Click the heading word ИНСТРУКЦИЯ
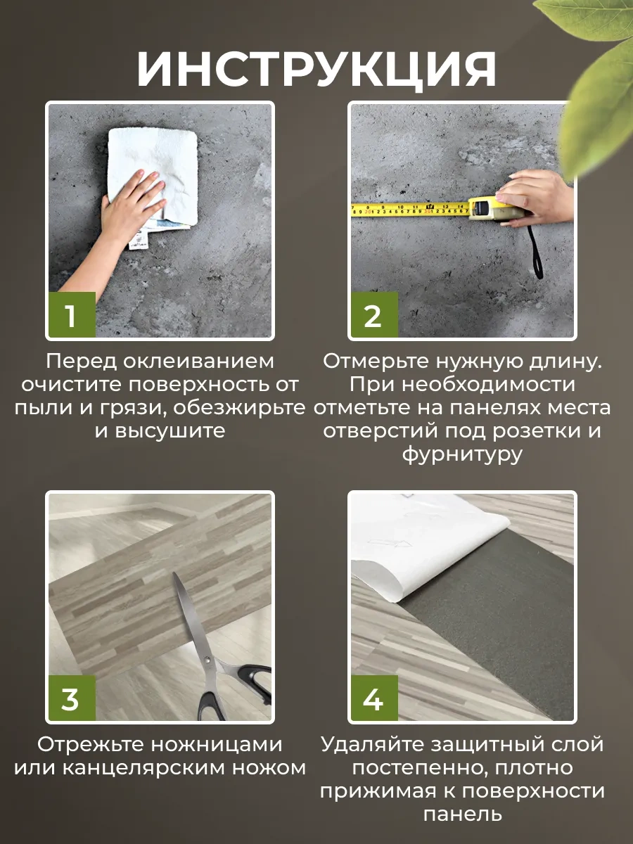(316, 69)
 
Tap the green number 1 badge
(70, 316)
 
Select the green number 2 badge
(373, 316)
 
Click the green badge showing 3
(70, 700)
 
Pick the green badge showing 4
(373, 700)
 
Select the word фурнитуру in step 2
(462, 454)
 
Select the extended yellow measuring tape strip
(408, 209)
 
